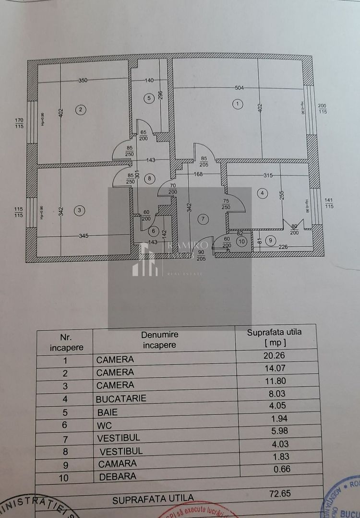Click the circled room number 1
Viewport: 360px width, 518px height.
(x=236, y=104)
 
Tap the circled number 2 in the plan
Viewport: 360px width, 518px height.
(x=81, y=110)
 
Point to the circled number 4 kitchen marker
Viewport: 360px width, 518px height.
(x=262, y=193)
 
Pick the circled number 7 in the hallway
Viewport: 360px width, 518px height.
(x=203, y=219)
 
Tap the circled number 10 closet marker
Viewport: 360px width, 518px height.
(x=241, y=241)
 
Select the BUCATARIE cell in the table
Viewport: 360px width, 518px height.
(x=121, y=398)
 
